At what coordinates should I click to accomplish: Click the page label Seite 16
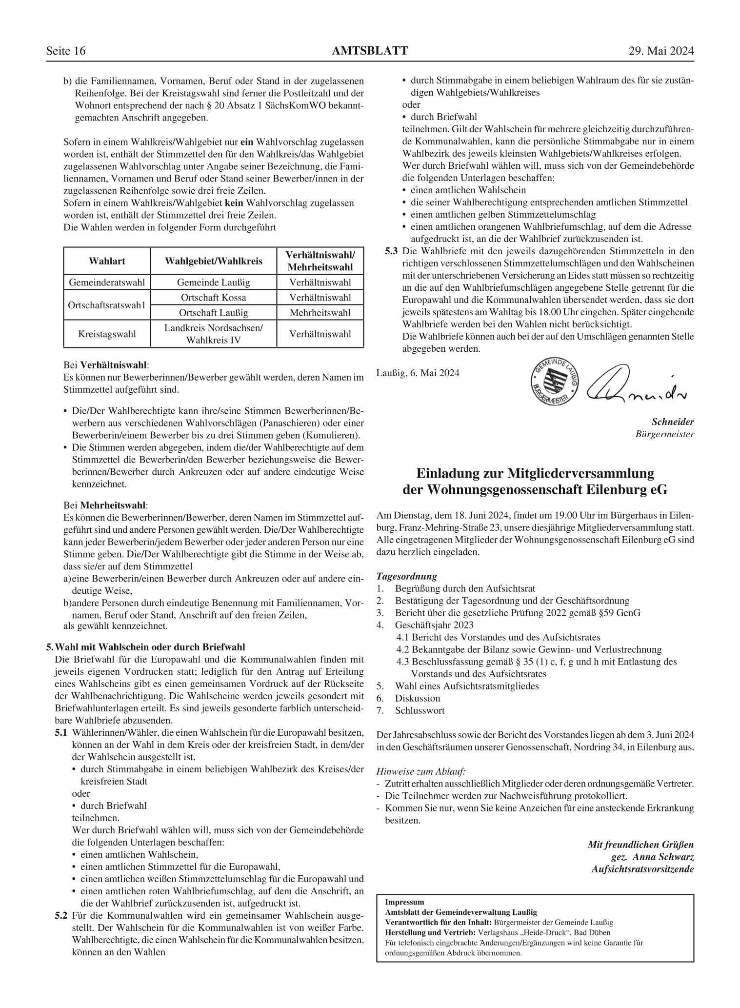(66, 51)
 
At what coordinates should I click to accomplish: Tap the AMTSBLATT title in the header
(369, 51)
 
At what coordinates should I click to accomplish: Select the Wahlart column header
(107, 261)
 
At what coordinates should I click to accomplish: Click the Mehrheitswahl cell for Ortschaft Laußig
(320, 313)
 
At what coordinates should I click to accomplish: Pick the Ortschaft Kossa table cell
(213, 298)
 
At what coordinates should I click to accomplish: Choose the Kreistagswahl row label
(107, 334)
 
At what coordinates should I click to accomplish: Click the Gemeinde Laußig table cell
(213, 282)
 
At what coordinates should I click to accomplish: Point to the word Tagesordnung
(407, 576)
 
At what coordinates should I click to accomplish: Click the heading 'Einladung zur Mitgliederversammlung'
(535, 473)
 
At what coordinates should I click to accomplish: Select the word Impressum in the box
(404, 902)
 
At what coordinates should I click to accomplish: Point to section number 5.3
(391, 251)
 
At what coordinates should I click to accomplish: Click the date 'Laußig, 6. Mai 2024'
(418, 373)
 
